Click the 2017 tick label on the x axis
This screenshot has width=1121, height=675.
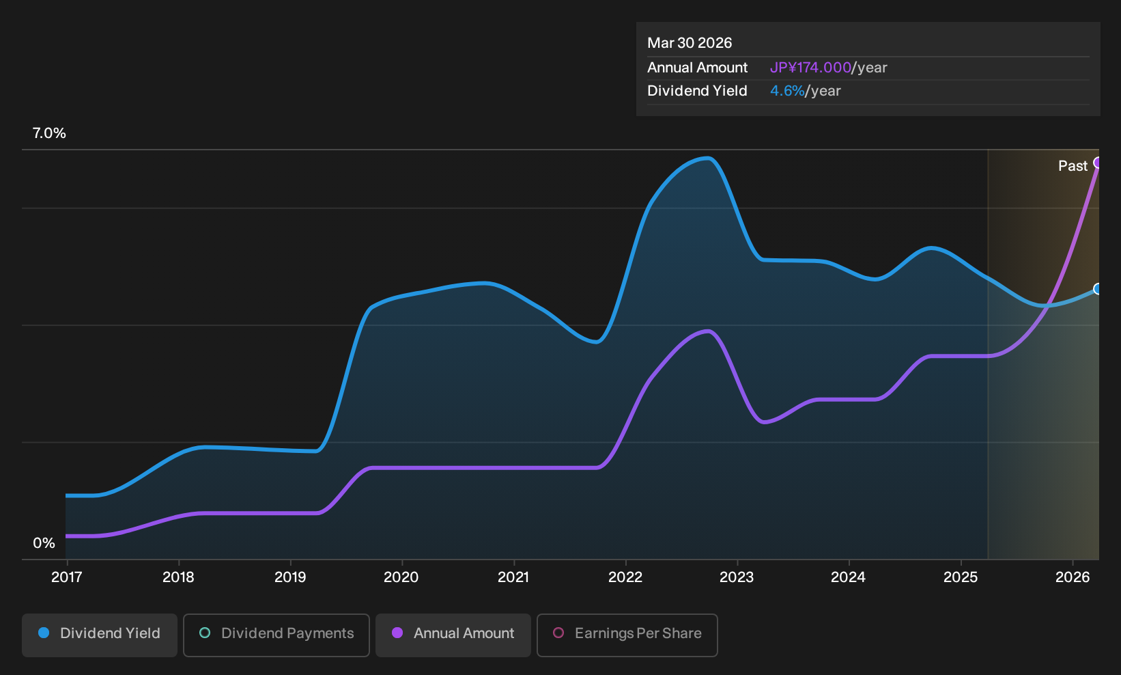(x=66, y=577)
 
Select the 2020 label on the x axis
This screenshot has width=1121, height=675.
(x=401, y=577)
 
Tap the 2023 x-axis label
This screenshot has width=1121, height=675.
(x=737, y=577)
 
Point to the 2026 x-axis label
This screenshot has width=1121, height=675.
(x=1073, y=577)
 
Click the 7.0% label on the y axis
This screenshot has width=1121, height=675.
(x=49, y=133)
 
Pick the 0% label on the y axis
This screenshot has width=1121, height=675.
(x=44, y=543)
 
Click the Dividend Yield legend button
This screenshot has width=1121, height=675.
(x=100, y=635)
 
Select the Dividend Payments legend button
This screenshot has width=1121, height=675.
(x=276, y=635)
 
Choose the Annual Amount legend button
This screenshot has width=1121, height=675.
(x=453, y=635)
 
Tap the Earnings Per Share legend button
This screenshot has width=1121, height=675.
(x=627, y=635)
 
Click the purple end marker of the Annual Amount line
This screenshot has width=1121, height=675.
(x=1098, y=163)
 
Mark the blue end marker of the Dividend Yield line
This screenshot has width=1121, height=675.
(x=1098, y=289)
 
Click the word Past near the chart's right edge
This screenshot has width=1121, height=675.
(x=1073, y=166)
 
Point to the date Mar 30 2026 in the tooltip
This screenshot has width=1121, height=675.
(x=689, y=43)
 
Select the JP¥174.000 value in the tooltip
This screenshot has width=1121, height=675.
(x=810, y=68)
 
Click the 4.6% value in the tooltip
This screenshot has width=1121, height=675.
(x=786, y=91)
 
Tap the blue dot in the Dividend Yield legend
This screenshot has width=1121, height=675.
(x=44, y=633)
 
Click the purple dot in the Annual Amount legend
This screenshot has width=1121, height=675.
(x=397, y=633)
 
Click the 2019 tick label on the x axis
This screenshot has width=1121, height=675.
(x=290, y=577)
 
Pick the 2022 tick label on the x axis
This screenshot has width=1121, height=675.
(x=625, y=577)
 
